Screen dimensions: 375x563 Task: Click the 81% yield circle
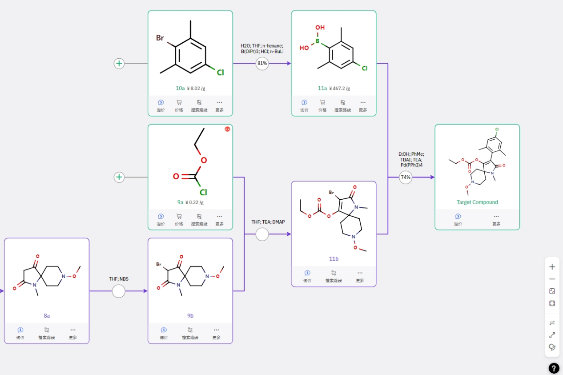[x=262, y=64]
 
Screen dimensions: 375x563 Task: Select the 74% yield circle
[x=406, y=177]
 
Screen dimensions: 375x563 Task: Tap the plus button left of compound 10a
[x=119, y=64]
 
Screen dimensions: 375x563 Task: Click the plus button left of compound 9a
[x=119, y=177]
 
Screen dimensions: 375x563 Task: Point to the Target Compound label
[x=477, y=202]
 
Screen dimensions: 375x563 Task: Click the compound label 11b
[x=334, y=258]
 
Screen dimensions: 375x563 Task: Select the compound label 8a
[x=47, y=315]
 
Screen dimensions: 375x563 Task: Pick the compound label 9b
[x=190, y=315]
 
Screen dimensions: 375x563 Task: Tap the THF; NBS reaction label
[x=118, y=278]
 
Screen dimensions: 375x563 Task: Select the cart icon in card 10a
[x=179, y=102]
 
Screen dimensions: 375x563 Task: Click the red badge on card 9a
[x=227, y=129]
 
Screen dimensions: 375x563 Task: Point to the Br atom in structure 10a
[x=160, y=38]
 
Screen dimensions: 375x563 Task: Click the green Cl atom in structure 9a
[x=203, y=192]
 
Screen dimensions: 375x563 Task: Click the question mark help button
[x=554, y=368]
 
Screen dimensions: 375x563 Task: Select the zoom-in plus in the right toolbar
[x=552, y=267]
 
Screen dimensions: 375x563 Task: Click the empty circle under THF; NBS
[x=118, y=291]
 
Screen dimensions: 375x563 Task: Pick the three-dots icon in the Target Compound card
[x=496, y=216]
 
